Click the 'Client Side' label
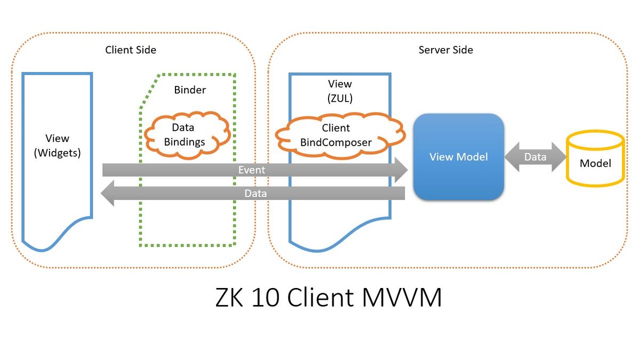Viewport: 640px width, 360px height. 131,50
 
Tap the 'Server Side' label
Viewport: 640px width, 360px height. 445,50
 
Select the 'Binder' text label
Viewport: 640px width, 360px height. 190,90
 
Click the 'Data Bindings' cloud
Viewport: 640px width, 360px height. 183,134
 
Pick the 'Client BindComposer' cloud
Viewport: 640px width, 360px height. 335,135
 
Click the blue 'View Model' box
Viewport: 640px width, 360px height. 458,157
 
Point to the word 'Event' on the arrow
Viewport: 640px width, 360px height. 252,170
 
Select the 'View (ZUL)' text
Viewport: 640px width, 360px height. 340,91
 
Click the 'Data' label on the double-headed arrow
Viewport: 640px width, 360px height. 535,157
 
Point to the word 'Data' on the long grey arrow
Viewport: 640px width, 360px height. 255,193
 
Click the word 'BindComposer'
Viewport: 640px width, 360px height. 335,142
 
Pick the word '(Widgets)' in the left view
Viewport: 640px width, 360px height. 57,153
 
